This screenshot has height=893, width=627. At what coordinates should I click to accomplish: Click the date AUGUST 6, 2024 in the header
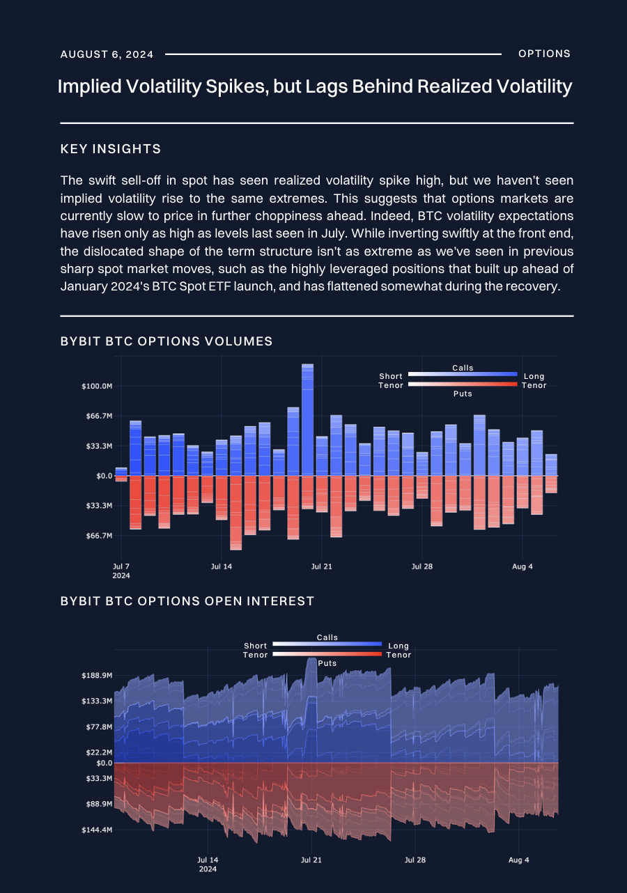(107, 54)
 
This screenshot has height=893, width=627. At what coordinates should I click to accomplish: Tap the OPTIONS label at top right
(545, 54)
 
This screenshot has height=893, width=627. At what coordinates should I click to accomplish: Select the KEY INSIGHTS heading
(111, 149)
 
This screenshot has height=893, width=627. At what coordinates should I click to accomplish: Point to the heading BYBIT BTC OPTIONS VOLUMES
(167, 341)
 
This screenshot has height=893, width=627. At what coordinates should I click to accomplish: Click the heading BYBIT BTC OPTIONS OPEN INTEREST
(187, 601)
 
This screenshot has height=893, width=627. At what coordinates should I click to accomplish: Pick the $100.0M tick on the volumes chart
(97, 387)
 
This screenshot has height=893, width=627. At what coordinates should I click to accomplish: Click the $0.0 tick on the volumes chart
(103, 476)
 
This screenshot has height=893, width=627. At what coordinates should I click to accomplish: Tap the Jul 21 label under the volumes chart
(321, 567)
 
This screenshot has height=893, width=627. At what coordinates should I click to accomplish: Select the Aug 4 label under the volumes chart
(522, 567)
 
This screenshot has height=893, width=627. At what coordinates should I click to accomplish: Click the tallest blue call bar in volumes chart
(307, 418)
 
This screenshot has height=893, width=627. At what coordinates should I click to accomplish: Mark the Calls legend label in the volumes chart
(463, 368)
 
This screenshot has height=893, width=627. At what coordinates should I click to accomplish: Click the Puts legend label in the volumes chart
(463, 394)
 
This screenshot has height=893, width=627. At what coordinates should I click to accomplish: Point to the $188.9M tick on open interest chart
(97, 676)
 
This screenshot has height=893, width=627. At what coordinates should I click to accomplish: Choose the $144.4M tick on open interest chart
(97, 830)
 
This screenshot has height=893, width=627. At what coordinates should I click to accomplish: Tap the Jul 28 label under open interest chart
(415, 860)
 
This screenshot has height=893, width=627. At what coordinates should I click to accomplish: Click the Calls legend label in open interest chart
(327, 637)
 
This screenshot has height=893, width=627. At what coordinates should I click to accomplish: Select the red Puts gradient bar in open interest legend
(327, 655)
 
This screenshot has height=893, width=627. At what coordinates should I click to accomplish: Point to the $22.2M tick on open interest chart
(98, 753)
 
